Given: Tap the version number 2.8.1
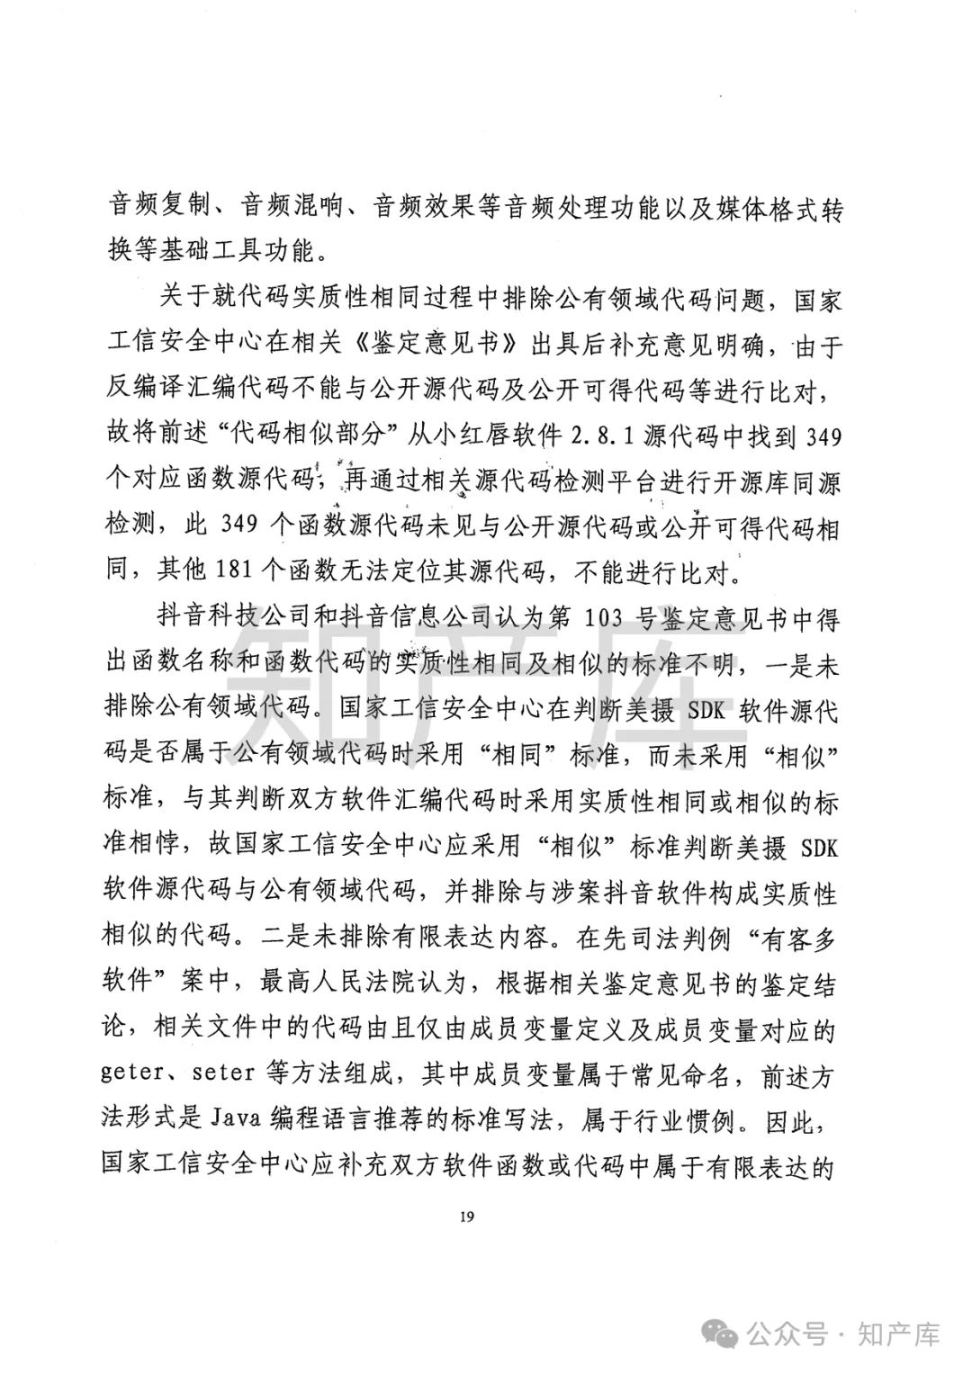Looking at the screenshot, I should (x=612, y=438).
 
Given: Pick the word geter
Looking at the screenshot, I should (x=137, y=1076).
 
